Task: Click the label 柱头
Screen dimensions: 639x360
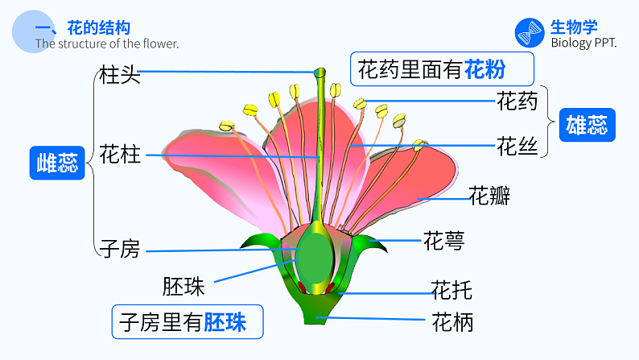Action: coord(119,75)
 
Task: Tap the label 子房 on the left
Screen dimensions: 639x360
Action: coord(119,249)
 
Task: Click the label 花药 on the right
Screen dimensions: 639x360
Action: coord(517,101)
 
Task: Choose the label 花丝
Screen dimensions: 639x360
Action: coord(517,147)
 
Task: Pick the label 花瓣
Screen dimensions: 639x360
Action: coord(489,196)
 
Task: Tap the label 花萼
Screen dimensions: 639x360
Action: coord(443,240)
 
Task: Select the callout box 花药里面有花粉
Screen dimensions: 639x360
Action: coord(442,70)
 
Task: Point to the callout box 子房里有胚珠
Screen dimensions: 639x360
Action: coord(188,322)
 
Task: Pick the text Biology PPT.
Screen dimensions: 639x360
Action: coord(583,43)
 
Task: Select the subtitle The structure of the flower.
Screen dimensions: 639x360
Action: coord(107,43)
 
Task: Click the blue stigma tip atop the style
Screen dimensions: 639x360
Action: coord(319,73)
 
